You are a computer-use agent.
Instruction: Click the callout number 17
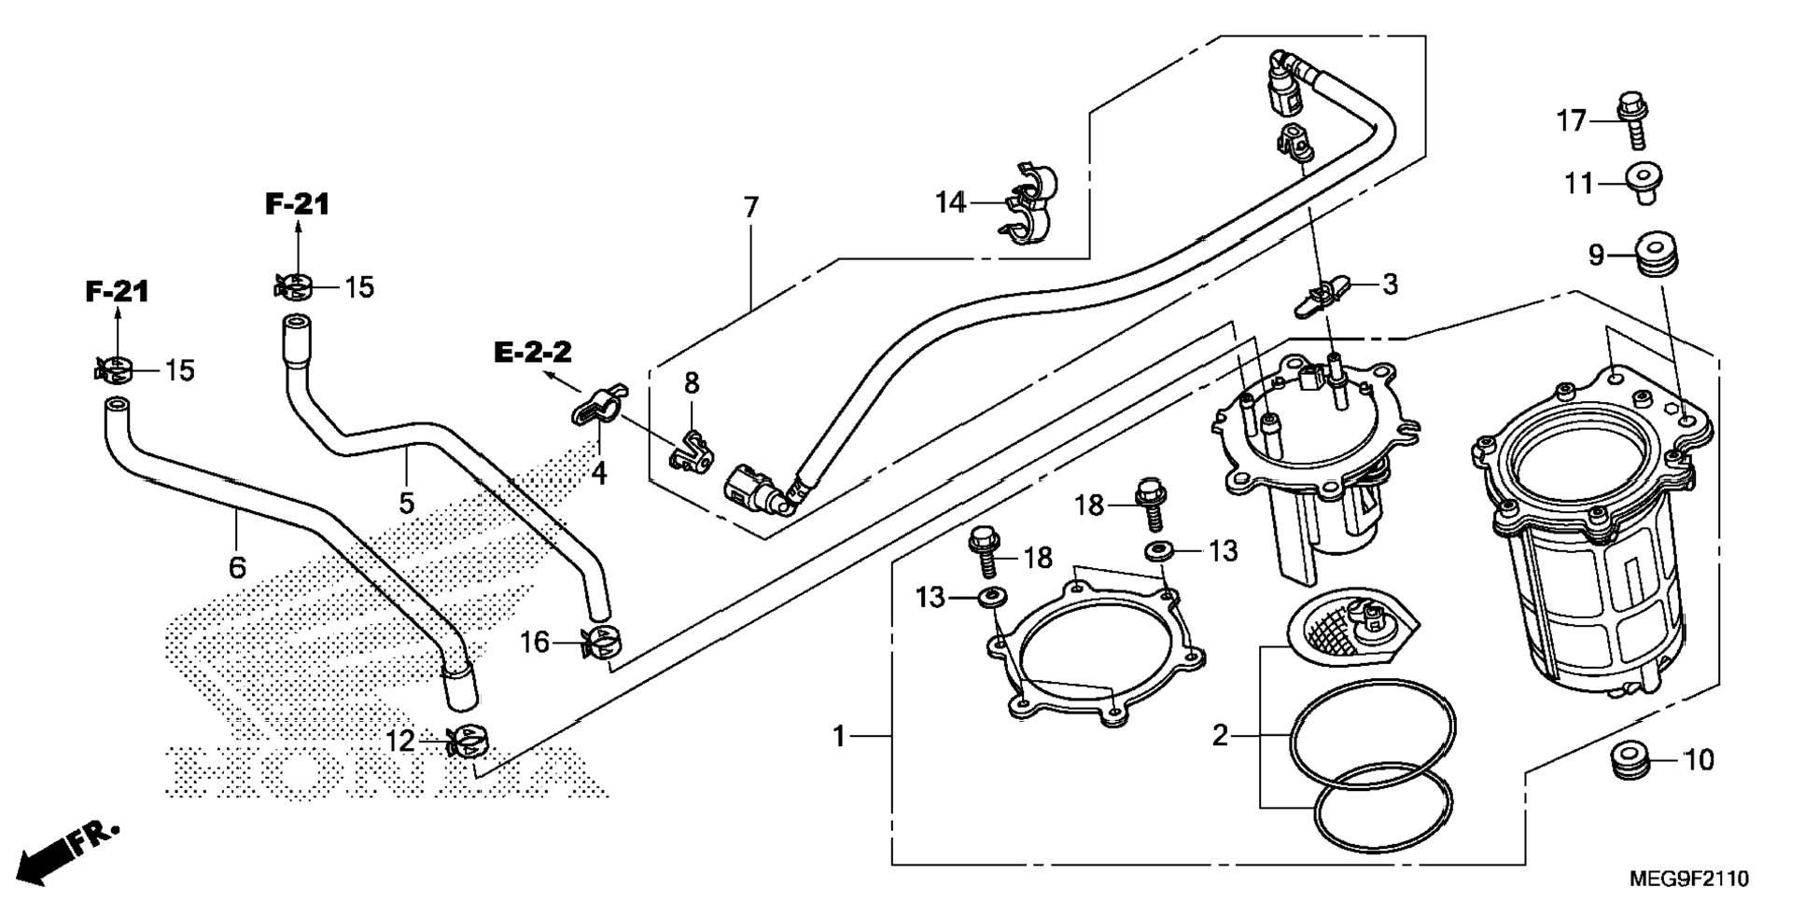[x=1571, y=121]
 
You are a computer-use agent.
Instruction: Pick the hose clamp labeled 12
[x=467, y=742]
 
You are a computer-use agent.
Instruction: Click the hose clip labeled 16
[x=601, y=643]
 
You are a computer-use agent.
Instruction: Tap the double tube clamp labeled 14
[x=1032, y=203]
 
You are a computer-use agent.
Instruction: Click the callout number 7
[x=751, y=208]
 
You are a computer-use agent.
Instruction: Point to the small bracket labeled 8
[x=691, y=450]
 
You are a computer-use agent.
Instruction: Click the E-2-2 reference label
[x=533, y=352]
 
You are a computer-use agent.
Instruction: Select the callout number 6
[x=237, y=566]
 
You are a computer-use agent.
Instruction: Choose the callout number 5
[x=406, y=503]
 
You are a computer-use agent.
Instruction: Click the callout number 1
[x=838, y=737]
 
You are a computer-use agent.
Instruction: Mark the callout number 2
[x=1220, y=736]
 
